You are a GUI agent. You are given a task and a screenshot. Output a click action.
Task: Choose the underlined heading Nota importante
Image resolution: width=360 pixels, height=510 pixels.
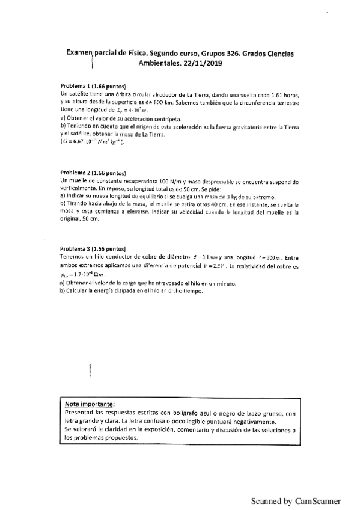[90, 404]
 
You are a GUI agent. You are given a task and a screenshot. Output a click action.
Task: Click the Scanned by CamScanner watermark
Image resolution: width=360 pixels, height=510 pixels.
[295, 500]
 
